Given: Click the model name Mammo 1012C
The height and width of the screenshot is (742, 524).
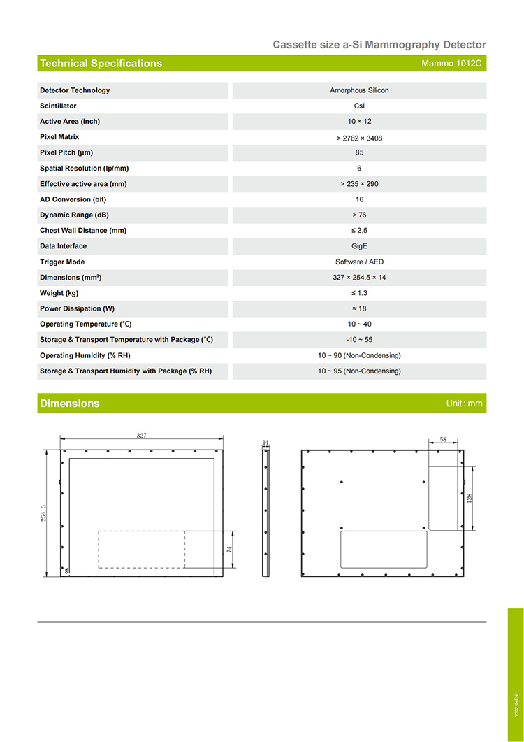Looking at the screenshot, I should click(451, 64).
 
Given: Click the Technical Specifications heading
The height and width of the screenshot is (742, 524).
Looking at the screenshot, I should click(101, 64).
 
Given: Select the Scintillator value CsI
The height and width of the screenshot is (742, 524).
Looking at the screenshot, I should click(359, 106).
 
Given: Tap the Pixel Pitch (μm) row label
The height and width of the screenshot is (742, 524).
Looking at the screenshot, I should click(66, 152).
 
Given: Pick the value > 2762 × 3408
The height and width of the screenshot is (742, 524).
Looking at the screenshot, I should click(359, 138).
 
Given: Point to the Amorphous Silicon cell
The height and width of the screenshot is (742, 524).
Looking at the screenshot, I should click(359, 90).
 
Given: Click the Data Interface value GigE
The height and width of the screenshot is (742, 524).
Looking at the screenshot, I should click(359, 246).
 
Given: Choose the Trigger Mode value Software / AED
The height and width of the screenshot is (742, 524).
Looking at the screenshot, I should click(359, 262).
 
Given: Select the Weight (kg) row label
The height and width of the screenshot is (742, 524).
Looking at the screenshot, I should click(59, 293).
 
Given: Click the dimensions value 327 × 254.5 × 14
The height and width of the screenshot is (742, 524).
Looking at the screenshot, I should click(359, 278).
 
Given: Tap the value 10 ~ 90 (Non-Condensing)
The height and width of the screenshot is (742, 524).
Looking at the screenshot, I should click(359, 355).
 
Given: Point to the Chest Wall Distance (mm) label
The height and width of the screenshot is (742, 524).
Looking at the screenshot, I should click(83, 231).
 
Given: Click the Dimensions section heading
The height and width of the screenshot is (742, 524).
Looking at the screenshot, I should click(70, 404).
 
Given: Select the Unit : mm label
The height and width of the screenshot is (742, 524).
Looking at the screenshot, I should click(464, 404).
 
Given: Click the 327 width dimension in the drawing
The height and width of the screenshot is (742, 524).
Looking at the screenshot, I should click(142, 436).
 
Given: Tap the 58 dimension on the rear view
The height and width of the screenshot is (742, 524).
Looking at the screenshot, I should click(443, 438).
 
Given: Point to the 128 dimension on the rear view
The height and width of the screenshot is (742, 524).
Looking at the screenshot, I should click(470, 498).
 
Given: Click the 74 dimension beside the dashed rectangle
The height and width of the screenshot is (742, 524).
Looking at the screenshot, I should click(229, 550).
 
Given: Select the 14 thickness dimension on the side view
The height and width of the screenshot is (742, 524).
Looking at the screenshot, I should click(265, 443).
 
